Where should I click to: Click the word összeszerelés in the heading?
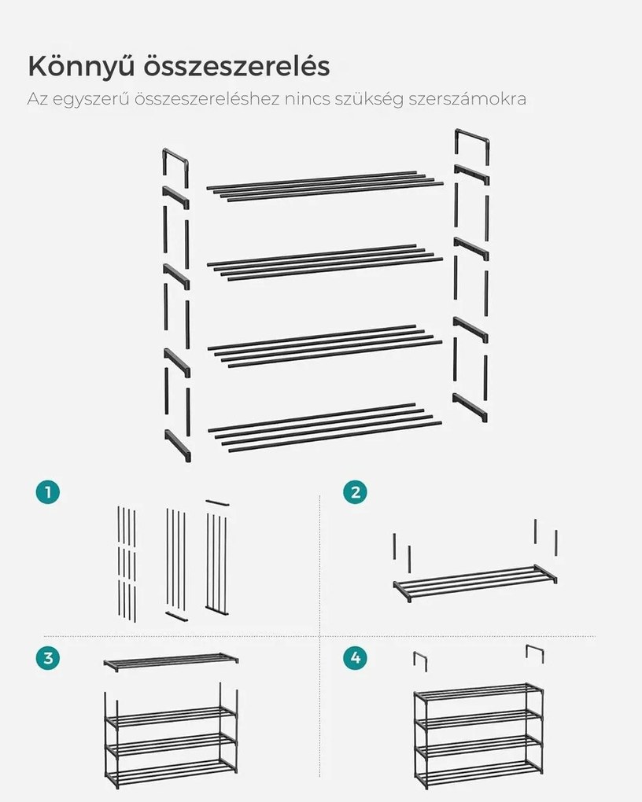tap(236, 67)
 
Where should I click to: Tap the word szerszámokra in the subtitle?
tap(467, 99)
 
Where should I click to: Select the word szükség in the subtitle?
tap(369, 99)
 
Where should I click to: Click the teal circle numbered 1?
tap(48, 492)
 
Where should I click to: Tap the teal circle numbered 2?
tap(356, 492)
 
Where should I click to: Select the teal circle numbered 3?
tap(48, 658)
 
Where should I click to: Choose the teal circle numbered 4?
tap(356, 658)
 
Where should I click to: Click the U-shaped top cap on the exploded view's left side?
tap(175, 154)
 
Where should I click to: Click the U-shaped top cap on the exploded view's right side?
tap(471, 135)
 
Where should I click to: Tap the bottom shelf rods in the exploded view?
tap(325, 428)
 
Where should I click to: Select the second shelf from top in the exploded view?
tap(325, 263)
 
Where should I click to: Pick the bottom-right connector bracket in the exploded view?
tap(470, 407)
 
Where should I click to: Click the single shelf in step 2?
tap(475, 582)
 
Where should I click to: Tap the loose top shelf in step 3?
tap(171, 661)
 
